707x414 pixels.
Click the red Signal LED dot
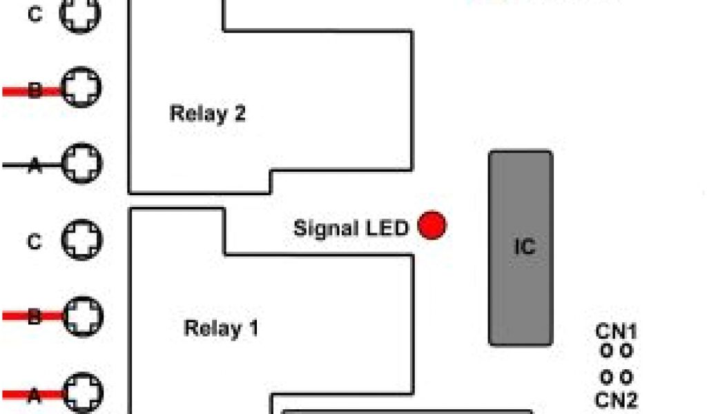pos(432,226)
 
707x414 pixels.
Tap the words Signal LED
pos(351,228)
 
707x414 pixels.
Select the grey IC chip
pos(521,248)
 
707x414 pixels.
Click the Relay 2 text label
pos(207,113)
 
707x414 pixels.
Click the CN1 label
pos(616,331)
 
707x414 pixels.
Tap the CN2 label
pos(616,400)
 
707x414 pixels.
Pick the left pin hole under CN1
pos(606,351)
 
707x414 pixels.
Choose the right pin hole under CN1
pos(626,351)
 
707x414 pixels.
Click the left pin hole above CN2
pos(606,377)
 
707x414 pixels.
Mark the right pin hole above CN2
pos(626,377)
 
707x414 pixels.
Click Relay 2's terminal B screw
pos(82,87)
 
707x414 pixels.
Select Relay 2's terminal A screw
pos(82,163)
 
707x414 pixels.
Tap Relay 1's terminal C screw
pos(82,239)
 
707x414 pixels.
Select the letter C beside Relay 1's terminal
pos(35,242)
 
